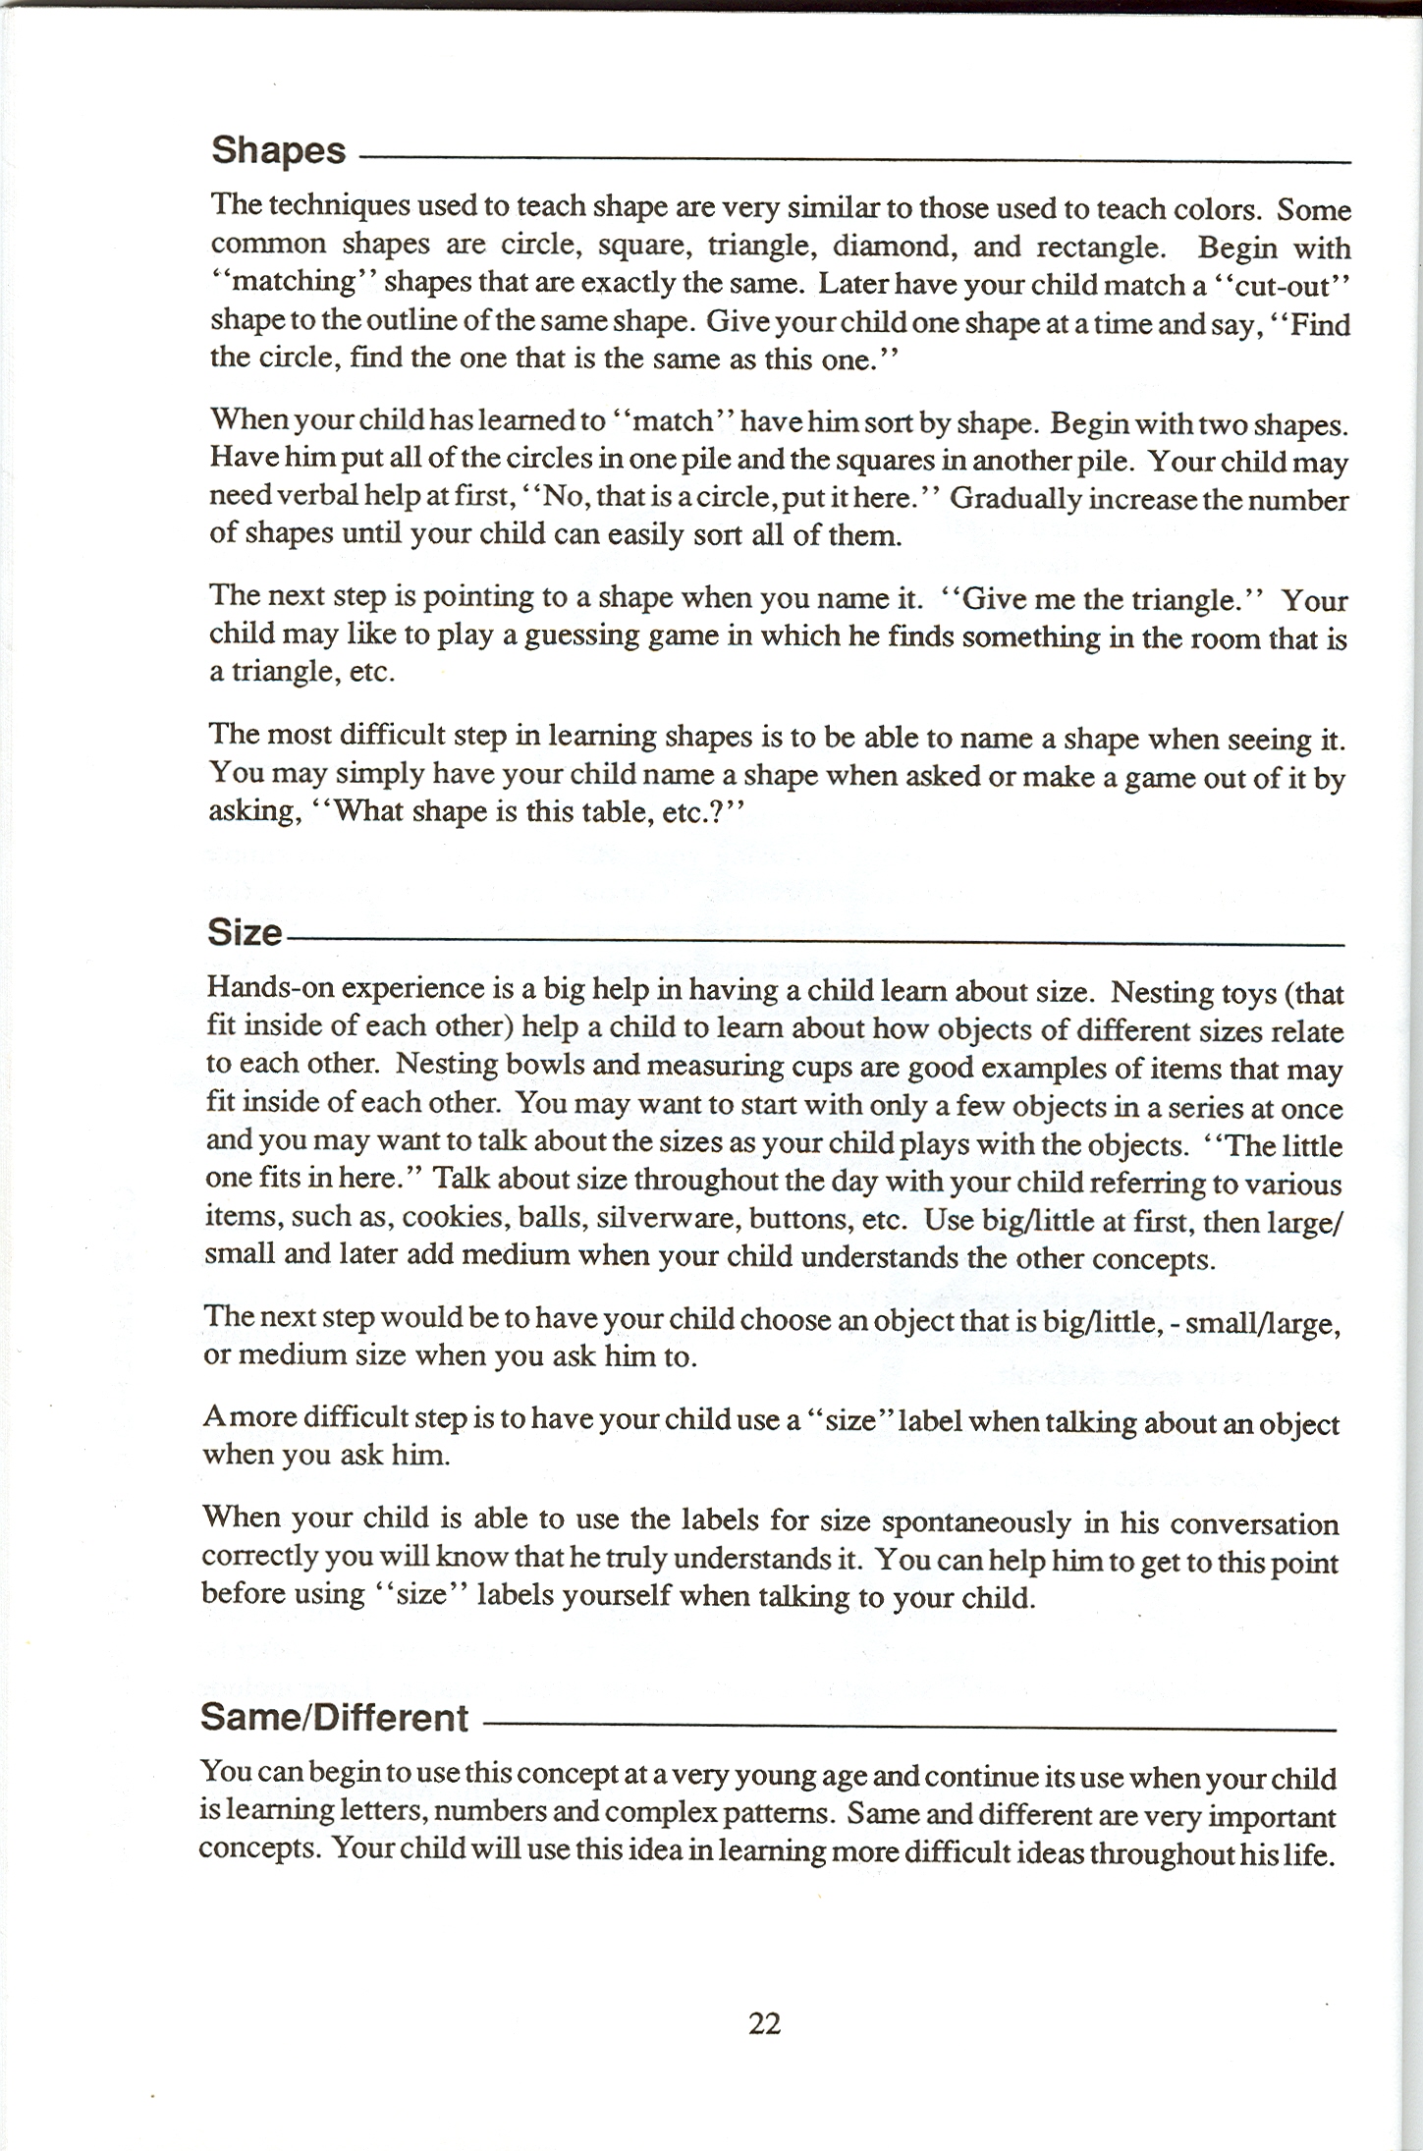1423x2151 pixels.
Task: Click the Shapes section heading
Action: tap(279, 151)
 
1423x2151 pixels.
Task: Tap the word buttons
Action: tap(797, 1220)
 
